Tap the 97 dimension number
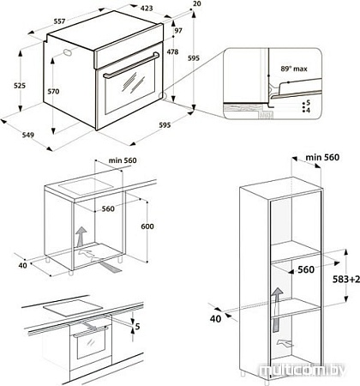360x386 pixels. (x=177, y=32)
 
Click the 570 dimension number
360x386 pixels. (x=54, y=92)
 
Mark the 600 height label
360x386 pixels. (x=146, y=226)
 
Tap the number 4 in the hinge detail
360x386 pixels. (x=307, y=110)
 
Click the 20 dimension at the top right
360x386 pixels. (x=196, y=4)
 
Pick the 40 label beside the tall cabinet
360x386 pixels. (x=217, y=318)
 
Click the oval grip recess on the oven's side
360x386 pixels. (x=66, y=55)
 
